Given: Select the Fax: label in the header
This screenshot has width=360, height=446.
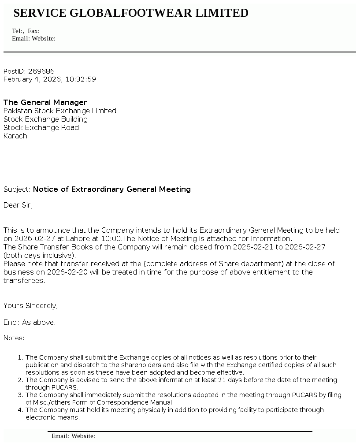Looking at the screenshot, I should tap(33, 31).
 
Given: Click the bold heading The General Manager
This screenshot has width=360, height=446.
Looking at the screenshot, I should tap(45, 102).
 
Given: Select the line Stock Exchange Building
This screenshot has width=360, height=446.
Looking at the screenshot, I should tap(45, 119).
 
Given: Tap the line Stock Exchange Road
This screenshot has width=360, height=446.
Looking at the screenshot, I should tap(41, 127).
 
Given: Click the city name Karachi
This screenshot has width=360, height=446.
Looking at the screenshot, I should tap(16, 136).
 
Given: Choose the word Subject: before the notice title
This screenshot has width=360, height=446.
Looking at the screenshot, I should tap(17, 189).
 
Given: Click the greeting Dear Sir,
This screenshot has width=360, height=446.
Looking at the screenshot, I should tap(18, 205).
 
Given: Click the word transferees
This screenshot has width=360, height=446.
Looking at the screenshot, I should tap(24, 280).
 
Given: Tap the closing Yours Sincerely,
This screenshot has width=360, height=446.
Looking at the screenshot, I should tap(30, 305).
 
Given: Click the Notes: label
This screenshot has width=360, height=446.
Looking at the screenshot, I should tap(14, 338).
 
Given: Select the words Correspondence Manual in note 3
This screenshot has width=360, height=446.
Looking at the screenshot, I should tap(144, 402).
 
